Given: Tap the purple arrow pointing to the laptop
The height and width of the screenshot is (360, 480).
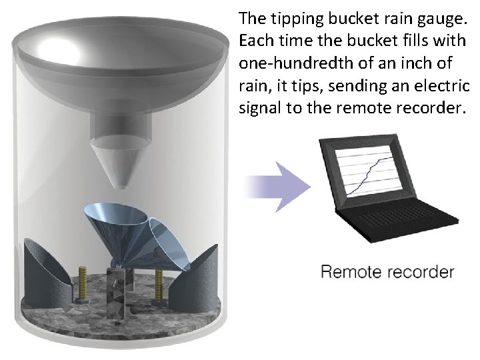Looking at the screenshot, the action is tap(280, 186).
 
